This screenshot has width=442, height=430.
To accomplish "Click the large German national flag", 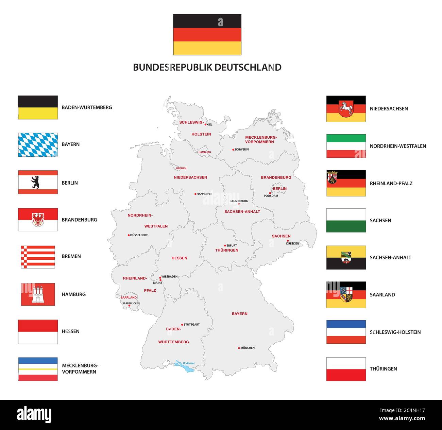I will point(207,35).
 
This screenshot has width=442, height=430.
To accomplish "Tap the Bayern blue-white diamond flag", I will point(38,145).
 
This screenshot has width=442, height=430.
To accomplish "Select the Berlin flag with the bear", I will point(38,182).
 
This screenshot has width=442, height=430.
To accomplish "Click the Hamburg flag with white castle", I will point(38,294).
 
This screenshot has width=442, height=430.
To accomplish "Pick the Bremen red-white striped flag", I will point(38,257).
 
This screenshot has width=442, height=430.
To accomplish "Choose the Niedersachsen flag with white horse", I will point(346,109).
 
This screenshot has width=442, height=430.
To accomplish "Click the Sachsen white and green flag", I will point(346,220).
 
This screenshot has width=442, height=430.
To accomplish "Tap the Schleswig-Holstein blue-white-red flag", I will point(346,332).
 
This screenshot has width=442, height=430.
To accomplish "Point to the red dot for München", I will point(239,348).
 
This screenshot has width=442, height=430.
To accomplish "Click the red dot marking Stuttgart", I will point(182,325).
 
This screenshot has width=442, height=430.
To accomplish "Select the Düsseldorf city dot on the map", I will point(129,235).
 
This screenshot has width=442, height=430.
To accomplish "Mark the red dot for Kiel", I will point(205,124).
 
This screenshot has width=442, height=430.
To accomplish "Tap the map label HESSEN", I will point(179,258).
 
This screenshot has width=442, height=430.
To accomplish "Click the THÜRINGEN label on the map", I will point(227,250).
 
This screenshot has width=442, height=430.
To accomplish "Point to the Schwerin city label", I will point(242,150).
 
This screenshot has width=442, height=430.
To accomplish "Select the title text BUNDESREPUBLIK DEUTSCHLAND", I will point(207,67).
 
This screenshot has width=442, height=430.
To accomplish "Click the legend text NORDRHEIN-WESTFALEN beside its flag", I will point(398,146).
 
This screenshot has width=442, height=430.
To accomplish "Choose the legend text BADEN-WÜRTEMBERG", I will point(87,107).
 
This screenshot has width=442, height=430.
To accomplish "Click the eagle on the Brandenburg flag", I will point(38,220).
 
